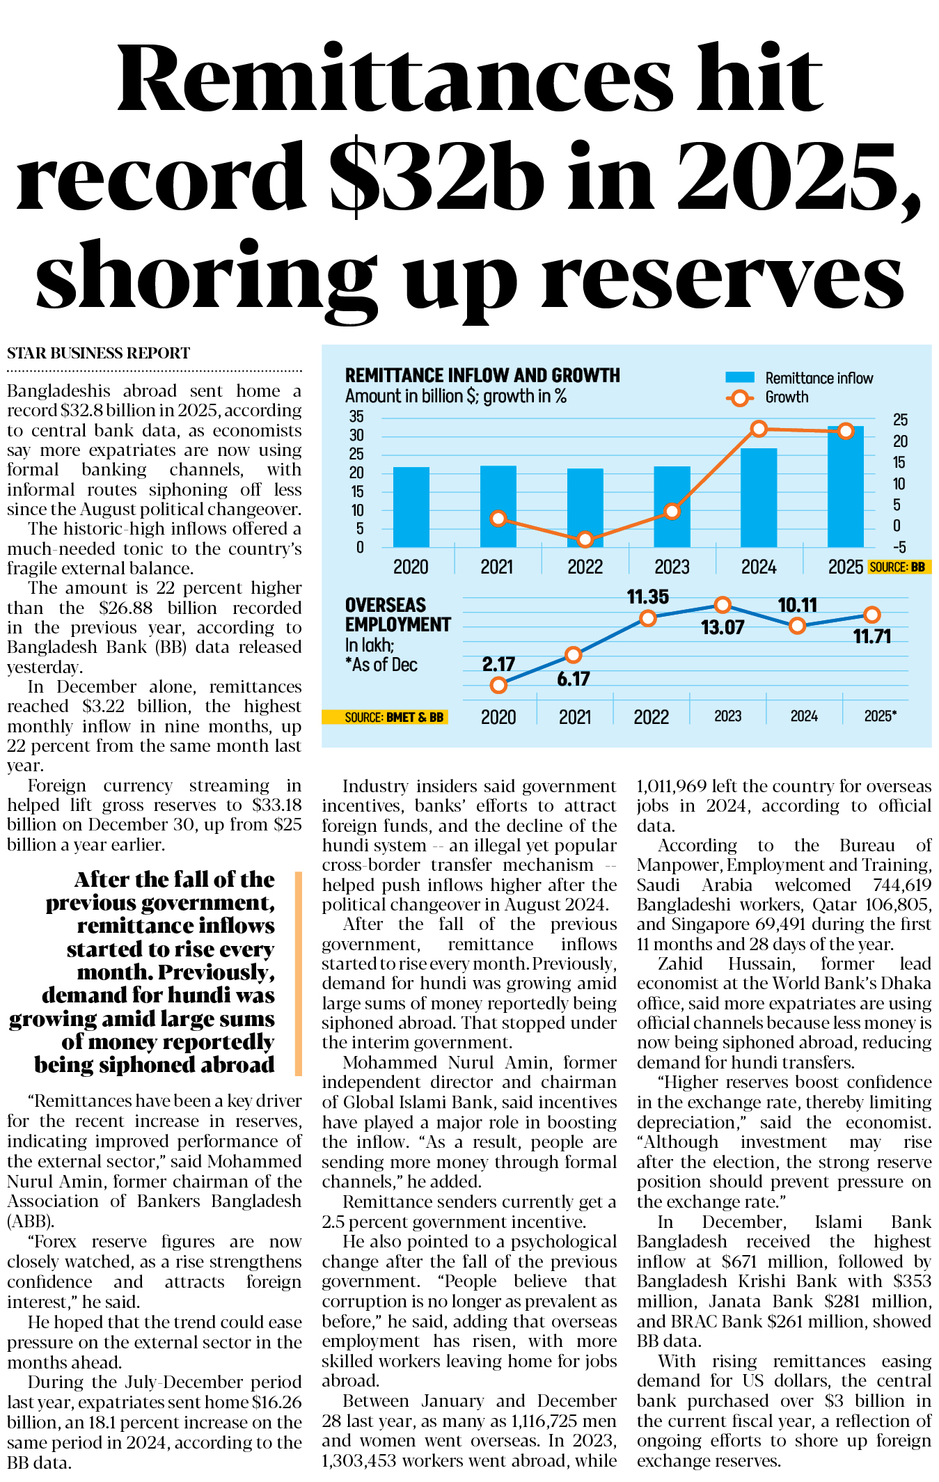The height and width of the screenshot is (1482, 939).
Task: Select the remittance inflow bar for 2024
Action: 758,498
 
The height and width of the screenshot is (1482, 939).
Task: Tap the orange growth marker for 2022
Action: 585,539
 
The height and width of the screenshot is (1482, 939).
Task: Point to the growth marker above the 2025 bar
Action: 845,431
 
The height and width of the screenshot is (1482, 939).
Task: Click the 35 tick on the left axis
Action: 356,417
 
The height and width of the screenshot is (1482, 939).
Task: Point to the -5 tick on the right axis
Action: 899,547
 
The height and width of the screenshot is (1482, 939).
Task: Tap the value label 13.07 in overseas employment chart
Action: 723,628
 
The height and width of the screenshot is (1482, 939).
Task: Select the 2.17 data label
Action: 498,664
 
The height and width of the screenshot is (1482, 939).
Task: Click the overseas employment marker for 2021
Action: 573,654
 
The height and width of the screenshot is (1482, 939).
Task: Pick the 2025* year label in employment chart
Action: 880,716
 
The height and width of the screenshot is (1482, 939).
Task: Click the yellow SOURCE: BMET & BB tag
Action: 385,717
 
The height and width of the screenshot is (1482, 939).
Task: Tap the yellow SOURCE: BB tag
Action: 899,567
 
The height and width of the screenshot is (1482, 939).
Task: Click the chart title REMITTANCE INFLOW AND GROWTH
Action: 482,376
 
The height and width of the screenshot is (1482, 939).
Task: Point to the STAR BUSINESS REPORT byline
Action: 98,354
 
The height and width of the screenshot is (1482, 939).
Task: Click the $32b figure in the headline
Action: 437,177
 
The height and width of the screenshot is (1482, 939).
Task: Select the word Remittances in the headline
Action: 395,78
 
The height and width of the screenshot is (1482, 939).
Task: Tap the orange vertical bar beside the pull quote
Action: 298,973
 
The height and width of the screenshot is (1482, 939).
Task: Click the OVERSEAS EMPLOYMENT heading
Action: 397,615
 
